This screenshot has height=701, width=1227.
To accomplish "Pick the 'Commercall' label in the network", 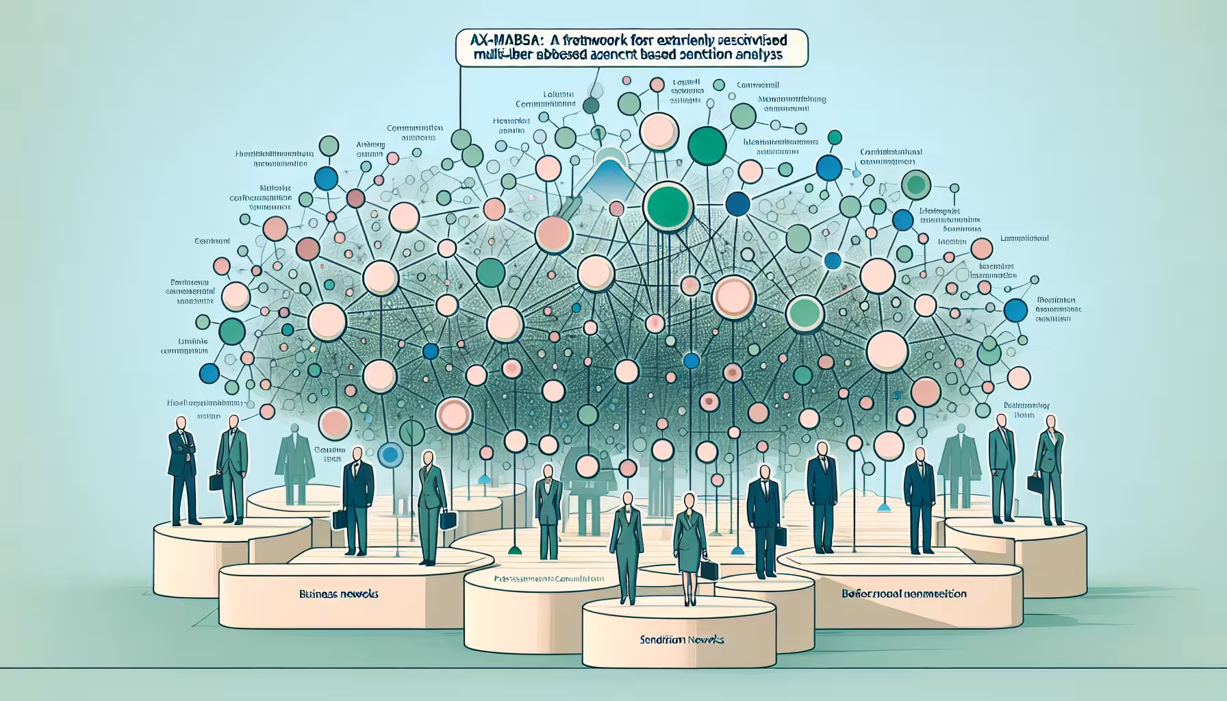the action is pyautogui.click(x=758, y=86).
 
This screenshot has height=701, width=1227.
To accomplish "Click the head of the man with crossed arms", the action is pyautogui.click(x=180, y=424).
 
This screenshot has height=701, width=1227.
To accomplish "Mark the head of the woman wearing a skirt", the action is pyautogui.click(x=687, y=502).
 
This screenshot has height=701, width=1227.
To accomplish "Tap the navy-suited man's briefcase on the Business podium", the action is pyautogui.click(x=340, y=519).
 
